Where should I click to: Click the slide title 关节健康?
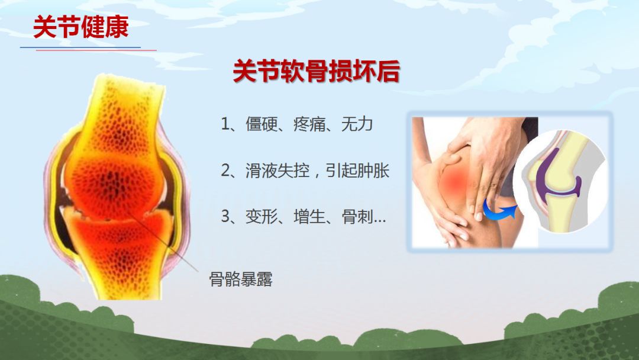coord(80,27)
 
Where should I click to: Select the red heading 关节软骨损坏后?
coord(316,71)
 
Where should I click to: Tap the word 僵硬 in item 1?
coord(262,124)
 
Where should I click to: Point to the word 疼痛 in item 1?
coord(309,124)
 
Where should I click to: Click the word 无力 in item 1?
coord(357,124)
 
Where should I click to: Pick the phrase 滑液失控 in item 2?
coord(277,171)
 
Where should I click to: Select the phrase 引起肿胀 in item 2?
coord(357,171)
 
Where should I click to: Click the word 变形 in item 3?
coord(262,217)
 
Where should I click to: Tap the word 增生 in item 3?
coord(309,217)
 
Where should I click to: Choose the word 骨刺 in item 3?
coord(357,217)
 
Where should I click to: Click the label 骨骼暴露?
coord(241,279)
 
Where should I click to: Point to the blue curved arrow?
coord(498,211)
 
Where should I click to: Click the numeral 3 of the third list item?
coord(225,217)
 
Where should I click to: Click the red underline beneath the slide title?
coord(96,50)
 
